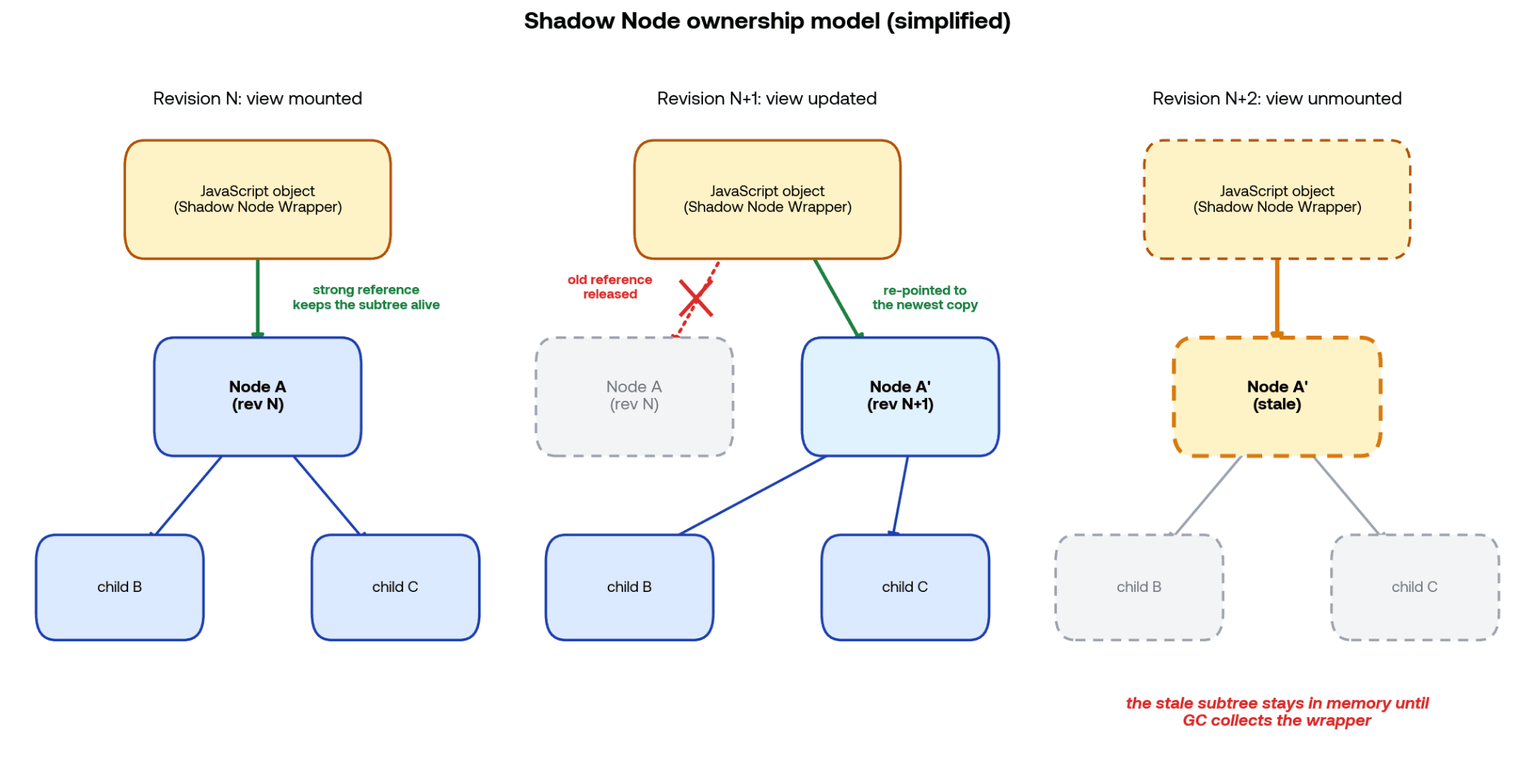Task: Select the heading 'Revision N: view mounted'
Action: (257, 98)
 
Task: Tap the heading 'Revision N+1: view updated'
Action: (767, 98)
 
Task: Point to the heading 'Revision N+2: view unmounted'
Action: (1276, 98)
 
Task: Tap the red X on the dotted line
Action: (696, 298)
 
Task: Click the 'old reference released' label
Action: (609, 287)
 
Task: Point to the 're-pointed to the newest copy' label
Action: (925, 297)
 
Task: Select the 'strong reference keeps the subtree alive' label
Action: (366, 297)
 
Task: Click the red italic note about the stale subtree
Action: (1277, 712)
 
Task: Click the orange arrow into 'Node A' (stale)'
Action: (1277, 298)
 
